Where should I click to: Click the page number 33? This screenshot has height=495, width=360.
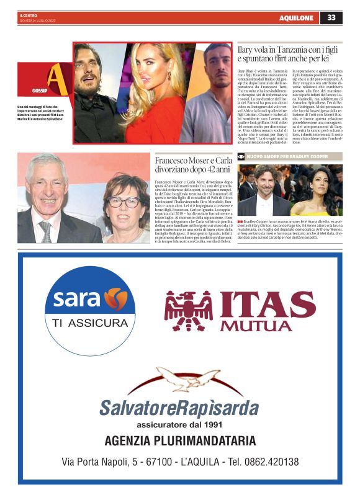point(331,17)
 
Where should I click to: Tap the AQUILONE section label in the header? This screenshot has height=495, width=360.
point(296,18)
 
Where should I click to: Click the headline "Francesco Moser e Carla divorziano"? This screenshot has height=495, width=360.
point(192,165)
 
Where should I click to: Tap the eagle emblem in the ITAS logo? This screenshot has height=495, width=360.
point(189,310)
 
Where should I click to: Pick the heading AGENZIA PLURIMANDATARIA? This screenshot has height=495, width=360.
point(180,441)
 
